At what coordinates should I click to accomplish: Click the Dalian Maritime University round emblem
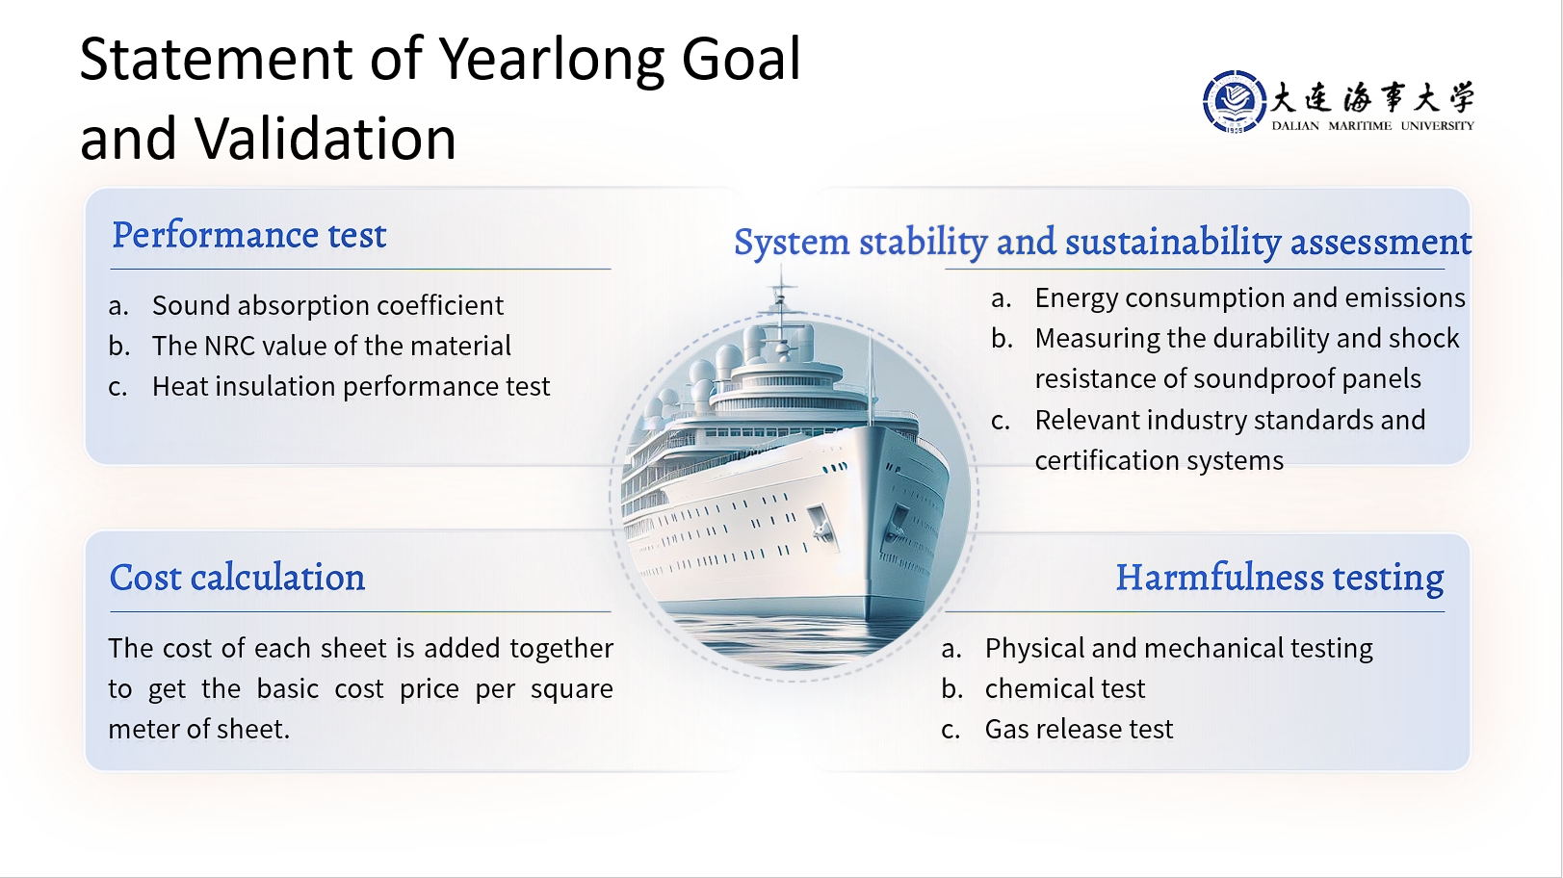pyautogui.click(x=1235, y=102)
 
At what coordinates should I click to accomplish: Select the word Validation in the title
pyautogui.click(x=326, y=138)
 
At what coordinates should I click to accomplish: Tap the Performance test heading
pyautogui.click(x=249, y=235)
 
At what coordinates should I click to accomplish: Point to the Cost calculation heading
pyautogui.click(x=237, y=578)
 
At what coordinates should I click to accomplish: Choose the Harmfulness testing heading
pyautogui.click(x=1280, y=579)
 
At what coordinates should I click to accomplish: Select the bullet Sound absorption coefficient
pyautogui.click(x=328, y=305)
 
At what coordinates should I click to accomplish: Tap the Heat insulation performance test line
pyautogui.click(x=351, y=386)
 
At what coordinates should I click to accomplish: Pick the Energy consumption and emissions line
pyautogui.click(x=1250, y=298)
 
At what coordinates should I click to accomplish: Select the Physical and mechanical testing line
pyautogui.click(x=1179, y=649)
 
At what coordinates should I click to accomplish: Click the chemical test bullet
pyautogui.click(x=1065, y=689)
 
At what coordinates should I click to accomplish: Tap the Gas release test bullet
pyautogui.click(x=1079, y=730)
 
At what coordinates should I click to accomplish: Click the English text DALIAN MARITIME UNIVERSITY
pyautogui.click(x=1372, y=126)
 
